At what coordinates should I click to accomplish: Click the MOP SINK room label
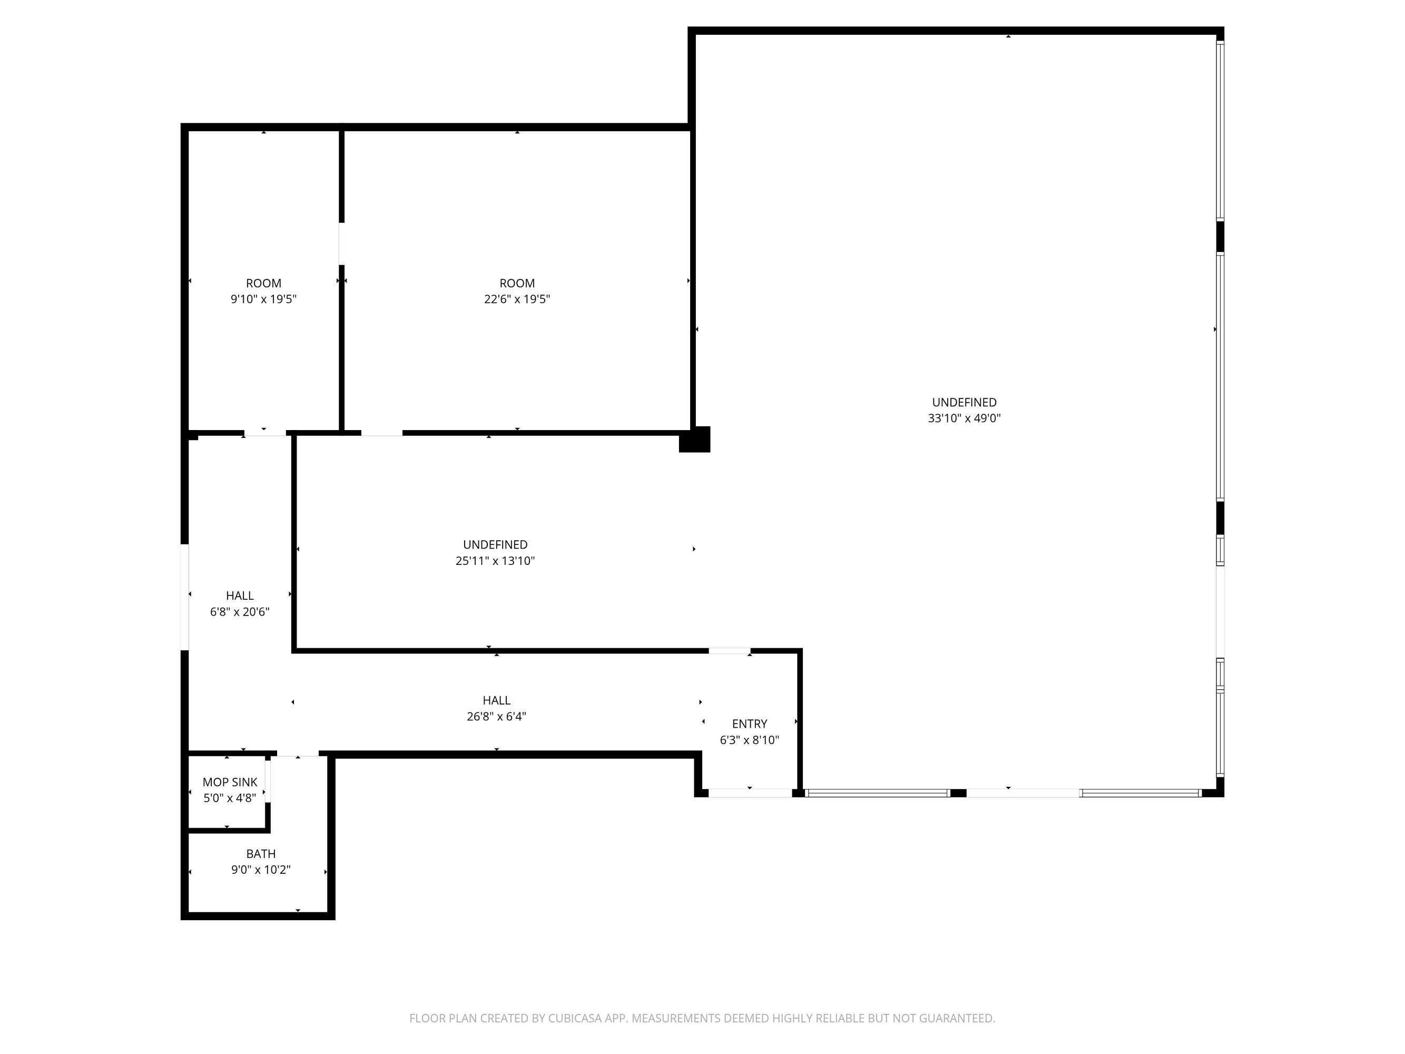pos(230,782)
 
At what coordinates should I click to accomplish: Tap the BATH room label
pos(261,854)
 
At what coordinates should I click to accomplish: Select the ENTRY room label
pos(750,724)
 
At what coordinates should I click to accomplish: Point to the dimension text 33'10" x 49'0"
pos(964,418)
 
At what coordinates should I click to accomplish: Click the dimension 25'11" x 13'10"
pos(495,560)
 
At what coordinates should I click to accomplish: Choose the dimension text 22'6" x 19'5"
pos(517,299)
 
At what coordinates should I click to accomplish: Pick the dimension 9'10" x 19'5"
pos(263,299)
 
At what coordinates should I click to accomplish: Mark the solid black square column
pos(695,439)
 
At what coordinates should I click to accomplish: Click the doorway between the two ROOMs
pos(342,243)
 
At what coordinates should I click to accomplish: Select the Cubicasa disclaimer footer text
pos(702,1018)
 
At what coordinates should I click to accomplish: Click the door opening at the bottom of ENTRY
pos(750,793)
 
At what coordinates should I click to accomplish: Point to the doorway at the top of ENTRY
pos(730,650)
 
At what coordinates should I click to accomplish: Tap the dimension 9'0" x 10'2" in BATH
pos(261,870)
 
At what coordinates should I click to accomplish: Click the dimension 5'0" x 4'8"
pos(230,798)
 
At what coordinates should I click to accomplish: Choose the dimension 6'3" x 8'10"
pos(750,740)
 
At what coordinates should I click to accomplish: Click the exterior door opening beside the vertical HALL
pos(185,597)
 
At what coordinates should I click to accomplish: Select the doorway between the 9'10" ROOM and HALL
pos(265,433)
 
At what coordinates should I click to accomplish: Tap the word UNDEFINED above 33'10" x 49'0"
pos(964,402)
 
